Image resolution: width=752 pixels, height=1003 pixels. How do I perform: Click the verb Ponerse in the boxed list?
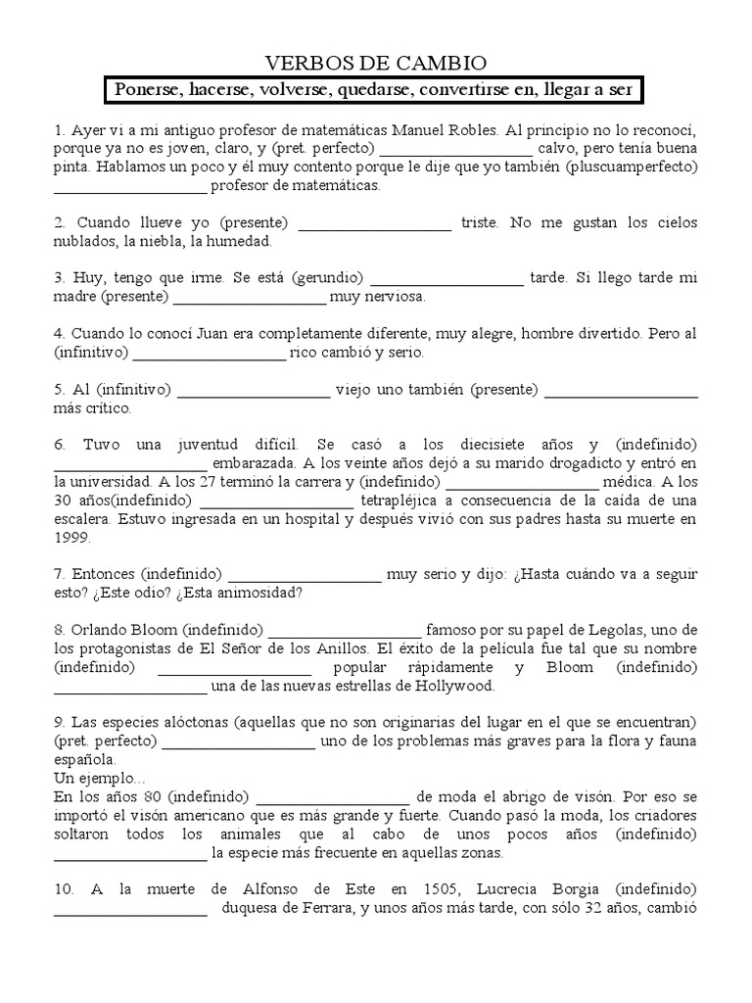pyautogui.click(x=145, y=91)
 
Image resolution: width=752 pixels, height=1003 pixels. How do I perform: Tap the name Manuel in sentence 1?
pyautogui.click(x=421, y=130)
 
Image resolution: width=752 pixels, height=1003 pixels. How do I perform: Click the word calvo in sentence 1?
pyautogui.click(x=559, y=149)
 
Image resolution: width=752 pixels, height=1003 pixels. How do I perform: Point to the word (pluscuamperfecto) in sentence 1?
pyautogui.click(x=632, y=167)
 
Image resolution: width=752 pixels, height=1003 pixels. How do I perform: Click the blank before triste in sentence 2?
pyautogui.click(x=375, y=223)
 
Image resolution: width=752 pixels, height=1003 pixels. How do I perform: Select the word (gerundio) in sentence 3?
pyautogui.click(x=327, y=278)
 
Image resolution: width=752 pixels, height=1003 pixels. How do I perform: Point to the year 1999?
pyautogui.click(x=73, y=538)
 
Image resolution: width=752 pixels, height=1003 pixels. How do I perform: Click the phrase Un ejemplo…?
pyautogui.click(x=99, y=777)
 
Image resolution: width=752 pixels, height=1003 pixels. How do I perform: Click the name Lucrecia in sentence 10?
pyautogui.click(x=535, y=888)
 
